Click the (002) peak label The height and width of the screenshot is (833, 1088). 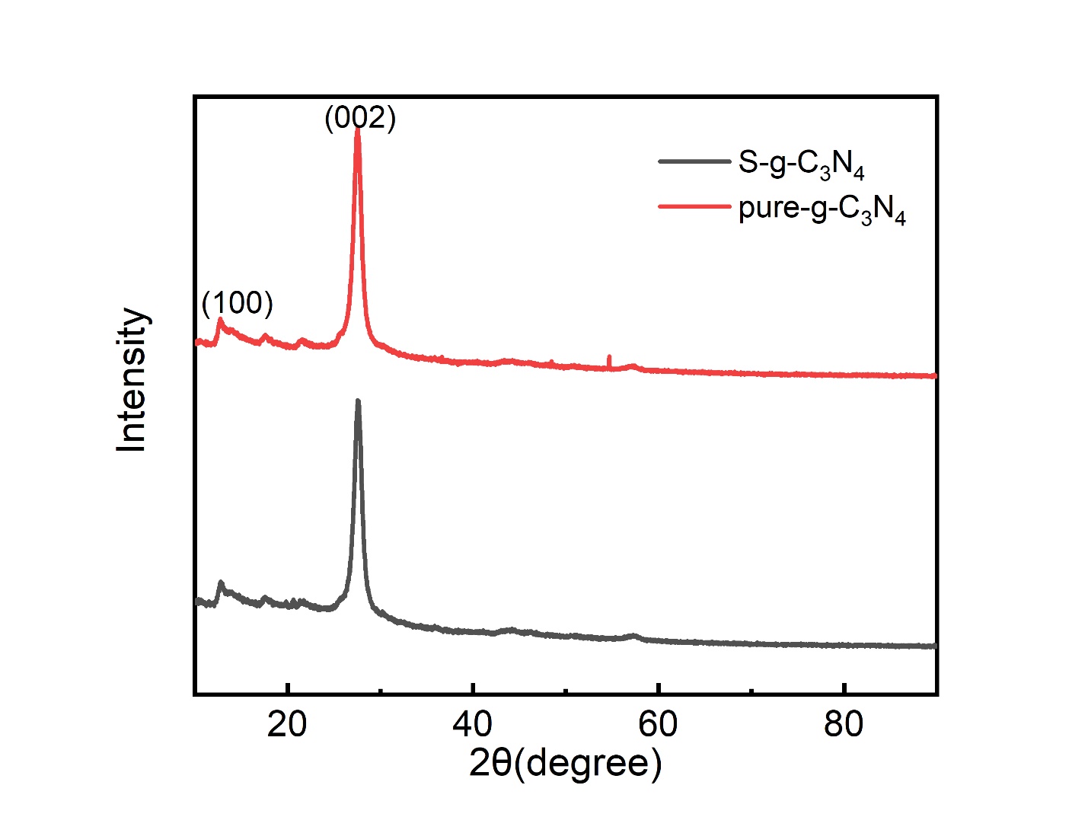(360, 118)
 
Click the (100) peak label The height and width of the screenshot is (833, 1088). (237, 303)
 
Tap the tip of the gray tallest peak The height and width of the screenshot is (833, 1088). (358, 401)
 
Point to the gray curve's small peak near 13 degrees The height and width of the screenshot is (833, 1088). (221, 583)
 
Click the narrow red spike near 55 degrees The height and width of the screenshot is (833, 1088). (609, 357)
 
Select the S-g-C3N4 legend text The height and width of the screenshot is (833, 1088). (801, 164)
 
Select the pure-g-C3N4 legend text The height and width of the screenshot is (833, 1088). (822, 209)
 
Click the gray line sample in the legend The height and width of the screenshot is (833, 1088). (694, 161)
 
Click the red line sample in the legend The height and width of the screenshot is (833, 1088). (694, 206)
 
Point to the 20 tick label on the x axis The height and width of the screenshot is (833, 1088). (287, 724)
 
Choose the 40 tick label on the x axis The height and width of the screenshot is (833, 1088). (473, 724)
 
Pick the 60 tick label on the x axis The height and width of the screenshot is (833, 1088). (658, 724)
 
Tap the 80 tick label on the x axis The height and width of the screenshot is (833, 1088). (844, 724)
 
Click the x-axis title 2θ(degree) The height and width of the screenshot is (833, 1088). (565, 762)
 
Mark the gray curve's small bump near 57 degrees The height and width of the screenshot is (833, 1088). (632, 635)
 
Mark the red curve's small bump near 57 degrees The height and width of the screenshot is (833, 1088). (632, 366)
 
